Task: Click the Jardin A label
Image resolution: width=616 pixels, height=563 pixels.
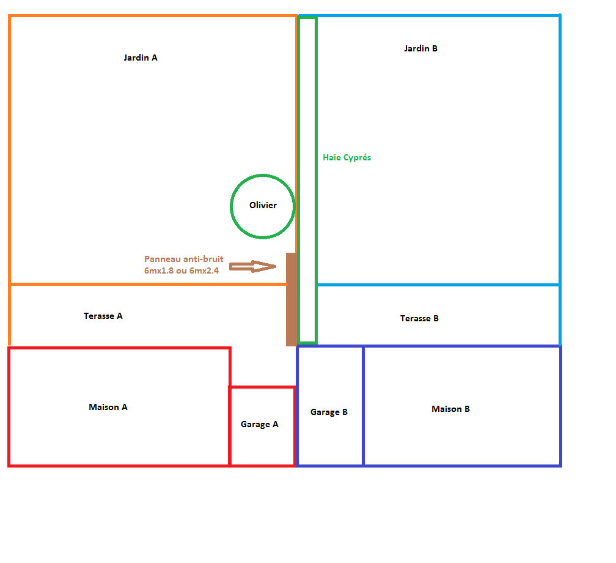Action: [x=141, y=58]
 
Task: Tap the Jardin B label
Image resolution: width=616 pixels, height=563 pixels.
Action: [x=420, y=48]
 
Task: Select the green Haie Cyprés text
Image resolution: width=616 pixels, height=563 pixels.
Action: [x=346, y=158]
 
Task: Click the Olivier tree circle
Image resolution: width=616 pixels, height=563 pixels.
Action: [x=263, y=206]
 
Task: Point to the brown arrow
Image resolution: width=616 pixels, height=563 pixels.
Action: [x=252, y=266]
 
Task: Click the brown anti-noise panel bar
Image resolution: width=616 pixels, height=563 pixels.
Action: [x=291, y=299]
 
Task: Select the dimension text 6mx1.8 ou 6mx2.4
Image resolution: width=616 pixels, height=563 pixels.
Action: [x=182, y=270]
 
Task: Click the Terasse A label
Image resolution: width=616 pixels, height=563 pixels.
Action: [x=103, y=316]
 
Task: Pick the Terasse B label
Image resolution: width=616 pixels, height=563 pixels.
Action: [x=419, y=319]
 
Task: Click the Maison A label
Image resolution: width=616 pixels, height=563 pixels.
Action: [x=108, y=407]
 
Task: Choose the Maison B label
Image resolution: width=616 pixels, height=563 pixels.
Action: [x=450, y=409]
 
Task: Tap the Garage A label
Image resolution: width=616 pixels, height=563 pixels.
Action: [x=259, y=424]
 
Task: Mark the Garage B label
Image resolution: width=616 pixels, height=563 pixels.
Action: [x=329, y=412]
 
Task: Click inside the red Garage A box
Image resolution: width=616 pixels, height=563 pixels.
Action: [x=262, y=444]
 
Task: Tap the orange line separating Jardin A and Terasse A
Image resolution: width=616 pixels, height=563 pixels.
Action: [x=147, y=284]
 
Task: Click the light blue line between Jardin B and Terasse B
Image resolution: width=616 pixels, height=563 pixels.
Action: [x=438, y=285]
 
